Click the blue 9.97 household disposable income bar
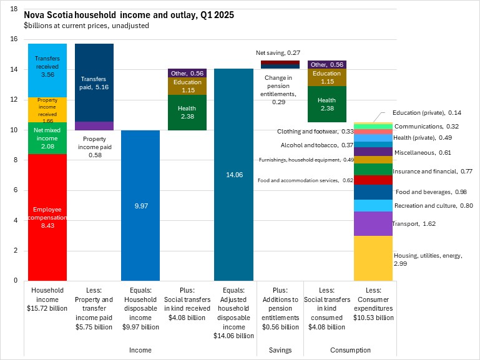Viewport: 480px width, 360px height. [x=140, y=205]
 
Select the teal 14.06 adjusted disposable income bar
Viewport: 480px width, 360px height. [x=233, y=175]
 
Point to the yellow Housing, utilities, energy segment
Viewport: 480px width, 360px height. [x=373, y=258]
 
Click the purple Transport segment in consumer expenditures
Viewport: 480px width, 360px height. [x=373, y=223]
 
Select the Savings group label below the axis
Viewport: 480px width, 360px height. [x=280, y=350]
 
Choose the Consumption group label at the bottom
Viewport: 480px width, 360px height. [x=350, y=350]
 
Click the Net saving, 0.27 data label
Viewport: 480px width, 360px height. [x=278, y=54]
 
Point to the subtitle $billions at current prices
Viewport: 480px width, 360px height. [x=86, y=26]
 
